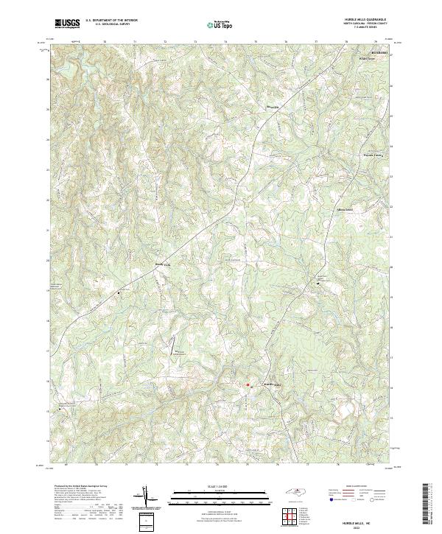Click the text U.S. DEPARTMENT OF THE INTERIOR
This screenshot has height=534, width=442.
pyautogui.click(x=111, y=21)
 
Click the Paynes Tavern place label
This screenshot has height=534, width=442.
pyautogui.click(x=353, y=155)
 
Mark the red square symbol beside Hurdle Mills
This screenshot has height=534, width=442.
pyautogui.click(x=248, y=384)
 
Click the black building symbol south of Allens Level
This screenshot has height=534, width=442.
pyautogui.click(x=318, y=284)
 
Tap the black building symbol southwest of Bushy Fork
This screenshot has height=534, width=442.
pyautogui.click(x=119, y=292)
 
